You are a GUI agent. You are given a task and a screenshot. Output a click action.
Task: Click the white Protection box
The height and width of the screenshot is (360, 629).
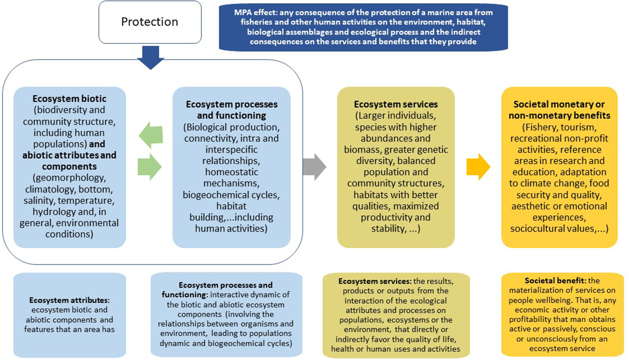150,22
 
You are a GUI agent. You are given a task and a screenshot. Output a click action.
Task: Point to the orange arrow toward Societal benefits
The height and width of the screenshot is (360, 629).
478,167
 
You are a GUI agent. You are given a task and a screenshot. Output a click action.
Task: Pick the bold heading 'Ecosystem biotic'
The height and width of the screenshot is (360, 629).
69,99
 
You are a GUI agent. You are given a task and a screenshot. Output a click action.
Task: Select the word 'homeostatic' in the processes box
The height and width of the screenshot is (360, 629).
231,172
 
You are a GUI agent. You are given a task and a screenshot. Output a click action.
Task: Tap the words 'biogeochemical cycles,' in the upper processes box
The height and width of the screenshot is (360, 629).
231,195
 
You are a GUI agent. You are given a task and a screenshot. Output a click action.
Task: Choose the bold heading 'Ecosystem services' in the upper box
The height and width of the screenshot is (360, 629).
396,104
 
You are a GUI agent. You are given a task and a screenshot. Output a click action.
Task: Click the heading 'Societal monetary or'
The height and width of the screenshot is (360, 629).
559,104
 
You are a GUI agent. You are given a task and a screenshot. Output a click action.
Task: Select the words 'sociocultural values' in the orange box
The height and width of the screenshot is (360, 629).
552,229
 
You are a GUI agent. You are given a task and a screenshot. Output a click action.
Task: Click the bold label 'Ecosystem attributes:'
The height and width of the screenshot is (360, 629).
69,300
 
